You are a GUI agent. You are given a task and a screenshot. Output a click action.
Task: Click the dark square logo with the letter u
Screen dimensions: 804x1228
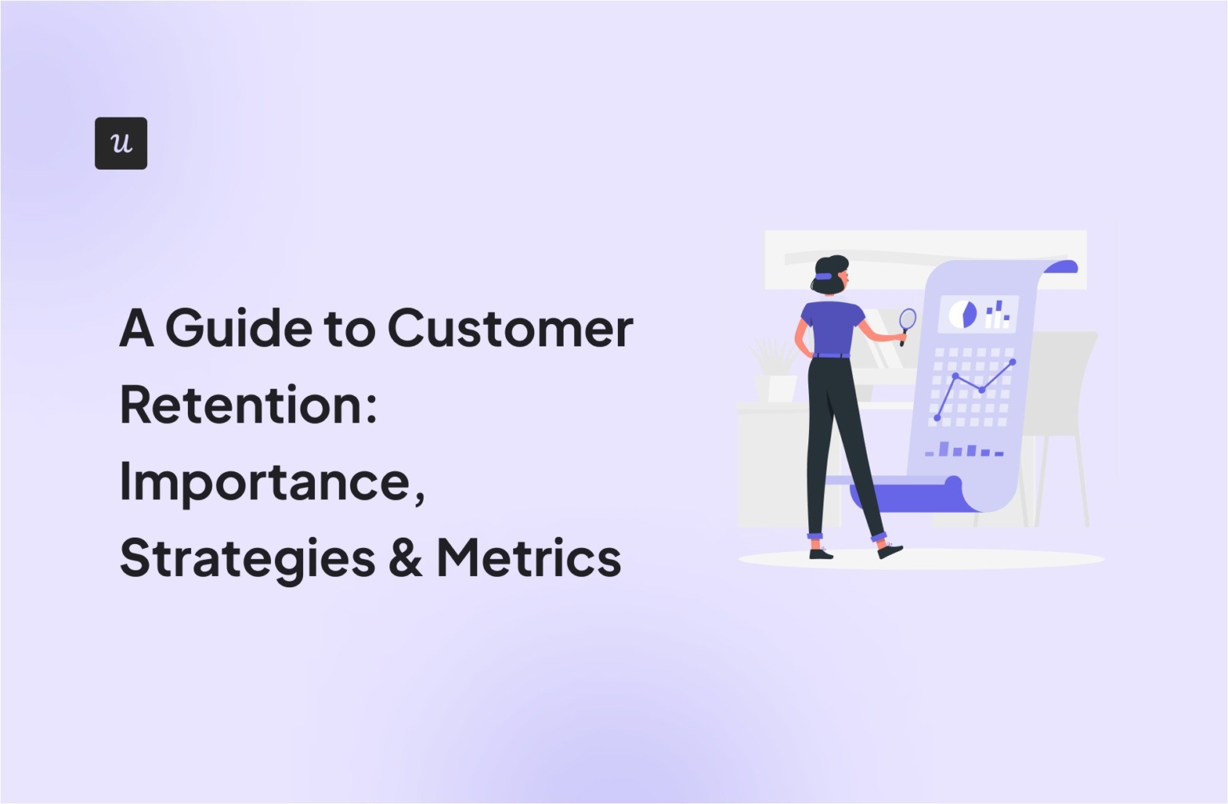pos(121,143)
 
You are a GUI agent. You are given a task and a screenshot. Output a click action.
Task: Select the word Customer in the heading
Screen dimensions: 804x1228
pos(510,329)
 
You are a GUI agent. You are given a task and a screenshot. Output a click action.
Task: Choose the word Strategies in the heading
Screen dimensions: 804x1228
pos(247,558)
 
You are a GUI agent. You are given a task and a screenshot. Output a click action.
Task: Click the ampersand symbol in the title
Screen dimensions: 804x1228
pos(405,558)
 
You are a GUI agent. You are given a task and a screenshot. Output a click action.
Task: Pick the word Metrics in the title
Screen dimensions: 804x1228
pos(528,558)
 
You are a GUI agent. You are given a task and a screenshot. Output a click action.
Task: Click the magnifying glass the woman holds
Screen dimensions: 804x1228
pos(907,321)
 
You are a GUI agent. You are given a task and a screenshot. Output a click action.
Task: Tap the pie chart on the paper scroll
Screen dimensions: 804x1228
pos(963,314)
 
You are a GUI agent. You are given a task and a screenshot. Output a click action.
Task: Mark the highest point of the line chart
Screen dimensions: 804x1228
pos(1013,362)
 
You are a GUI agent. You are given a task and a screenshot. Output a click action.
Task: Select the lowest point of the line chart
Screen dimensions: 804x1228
pos(937,418)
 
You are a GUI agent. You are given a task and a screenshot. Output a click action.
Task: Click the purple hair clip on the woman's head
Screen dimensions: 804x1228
pos(823,276)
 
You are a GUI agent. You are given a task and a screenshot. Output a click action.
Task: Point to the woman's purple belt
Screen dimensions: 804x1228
pos(831,354)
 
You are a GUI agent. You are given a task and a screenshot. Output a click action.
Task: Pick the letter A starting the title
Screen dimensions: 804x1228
pos(137,329)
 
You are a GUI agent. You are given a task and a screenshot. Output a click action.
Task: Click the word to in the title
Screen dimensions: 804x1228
pos(349,329)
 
